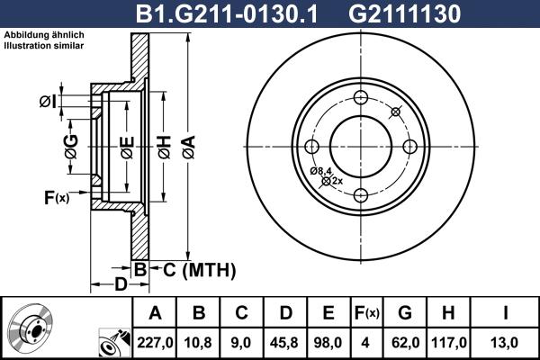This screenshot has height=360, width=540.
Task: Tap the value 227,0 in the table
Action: pos(154,342)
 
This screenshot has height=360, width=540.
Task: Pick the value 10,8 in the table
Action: pos(199,342)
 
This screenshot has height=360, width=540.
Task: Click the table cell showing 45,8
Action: pos(285,342)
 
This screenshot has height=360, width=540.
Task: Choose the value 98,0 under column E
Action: pos(328,342)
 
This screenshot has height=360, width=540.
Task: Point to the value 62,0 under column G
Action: pos(405,342)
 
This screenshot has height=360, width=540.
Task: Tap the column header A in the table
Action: pos(154,313)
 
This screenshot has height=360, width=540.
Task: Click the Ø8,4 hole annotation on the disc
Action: pos(321,171)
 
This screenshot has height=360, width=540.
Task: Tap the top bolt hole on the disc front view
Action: pos(361,98)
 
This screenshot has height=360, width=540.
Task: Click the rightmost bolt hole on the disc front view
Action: pos(409,147)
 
